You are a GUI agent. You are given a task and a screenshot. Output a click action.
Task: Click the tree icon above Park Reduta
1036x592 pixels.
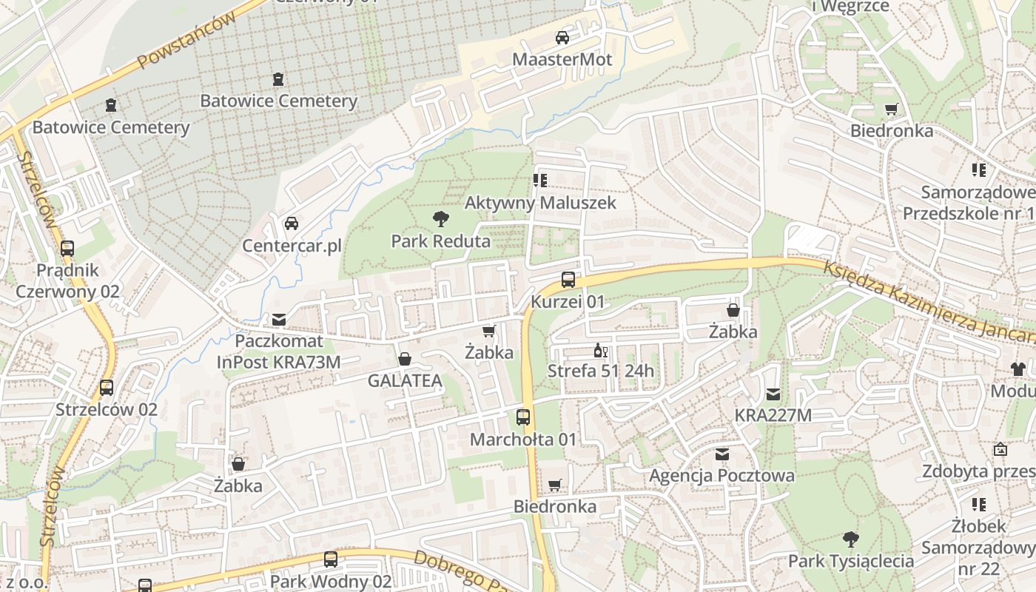tap(440, 218)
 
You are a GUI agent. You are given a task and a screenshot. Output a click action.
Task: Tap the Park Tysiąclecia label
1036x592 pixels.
tap(850, 561)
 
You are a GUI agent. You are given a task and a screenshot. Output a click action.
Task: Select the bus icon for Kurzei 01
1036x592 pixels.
tap(568, 280)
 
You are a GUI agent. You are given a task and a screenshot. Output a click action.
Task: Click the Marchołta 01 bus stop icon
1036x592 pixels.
tap(523, 417)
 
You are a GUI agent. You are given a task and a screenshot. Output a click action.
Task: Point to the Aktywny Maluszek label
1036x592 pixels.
tap(540, 202)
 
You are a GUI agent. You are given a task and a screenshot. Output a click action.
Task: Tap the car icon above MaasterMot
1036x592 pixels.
tap(562, 37)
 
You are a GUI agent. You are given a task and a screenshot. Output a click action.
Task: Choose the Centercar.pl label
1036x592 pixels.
tap(292, 245)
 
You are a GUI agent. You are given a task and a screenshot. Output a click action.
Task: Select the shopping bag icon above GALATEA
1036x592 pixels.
tap(405, 359)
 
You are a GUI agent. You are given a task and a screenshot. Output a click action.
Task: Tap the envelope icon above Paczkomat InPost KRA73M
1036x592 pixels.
tap(279, 320)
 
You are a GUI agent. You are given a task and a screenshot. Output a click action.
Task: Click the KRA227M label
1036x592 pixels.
tap(773, 415)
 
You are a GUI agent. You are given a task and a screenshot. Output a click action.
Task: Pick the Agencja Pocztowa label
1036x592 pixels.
tap(721, 475)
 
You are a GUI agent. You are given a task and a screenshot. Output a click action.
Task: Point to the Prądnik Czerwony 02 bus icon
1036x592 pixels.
tap(67, 248)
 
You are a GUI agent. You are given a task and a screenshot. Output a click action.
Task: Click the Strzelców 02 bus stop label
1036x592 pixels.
tap(107, 409)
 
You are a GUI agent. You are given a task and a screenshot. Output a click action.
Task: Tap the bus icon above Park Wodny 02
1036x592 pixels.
tap(331, 559)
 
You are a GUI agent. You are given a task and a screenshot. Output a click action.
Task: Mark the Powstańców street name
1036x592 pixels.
tap(189, 41)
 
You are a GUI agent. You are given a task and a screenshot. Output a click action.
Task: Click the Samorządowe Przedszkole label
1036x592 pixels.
tap(977, 203)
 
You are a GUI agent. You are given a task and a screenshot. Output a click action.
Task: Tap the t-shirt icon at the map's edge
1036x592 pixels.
tap(1018, 369)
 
